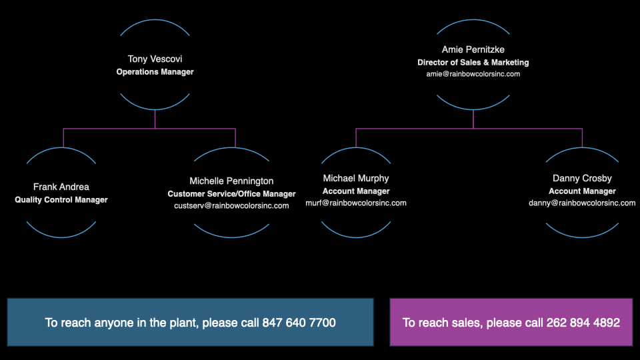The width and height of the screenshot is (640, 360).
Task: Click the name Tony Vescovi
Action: coord(155,59)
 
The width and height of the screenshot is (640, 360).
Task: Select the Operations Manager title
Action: coord(155,71)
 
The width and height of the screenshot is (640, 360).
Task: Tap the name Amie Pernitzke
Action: coord(473,50)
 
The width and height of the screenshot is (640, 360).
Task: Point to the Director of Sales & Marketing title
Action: coord(473,62)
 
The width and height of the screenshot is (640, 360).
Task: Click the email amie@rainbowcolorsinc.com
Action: coord(473,74)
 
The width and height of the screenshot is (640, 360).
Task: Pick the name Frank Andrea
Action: coord(61,187)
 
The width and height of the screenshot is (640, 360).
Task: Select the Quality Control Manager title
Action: coord(61,199)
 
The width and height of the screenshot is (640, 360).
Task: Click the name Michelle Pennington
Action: coord(231,181)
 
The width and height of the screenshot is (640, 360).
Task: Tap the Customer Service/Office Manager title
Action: coord(231,194)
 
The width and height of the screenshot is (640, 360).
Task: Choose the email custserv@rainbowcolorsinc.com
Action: coord(231,206)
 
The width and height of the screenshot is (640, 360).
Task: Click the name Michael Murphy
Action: coord(356,179)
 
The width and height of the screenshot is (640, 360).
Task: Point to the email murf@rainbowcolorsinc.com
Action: coord(356,203)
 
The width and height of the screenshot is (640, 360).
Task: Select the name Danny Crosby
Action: coord(582,179)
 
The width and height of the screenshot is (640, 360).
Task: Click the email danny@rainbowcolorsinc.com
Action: coord(582,203)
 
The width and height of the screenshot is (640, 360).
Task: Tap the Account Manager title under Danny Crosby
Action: coord(582,191)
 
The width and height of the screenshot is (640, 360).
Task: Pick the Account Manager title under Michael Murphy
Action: coord(356,191)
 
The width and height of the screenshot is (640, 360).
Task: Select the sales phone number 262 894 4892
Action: coord(583,323)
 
